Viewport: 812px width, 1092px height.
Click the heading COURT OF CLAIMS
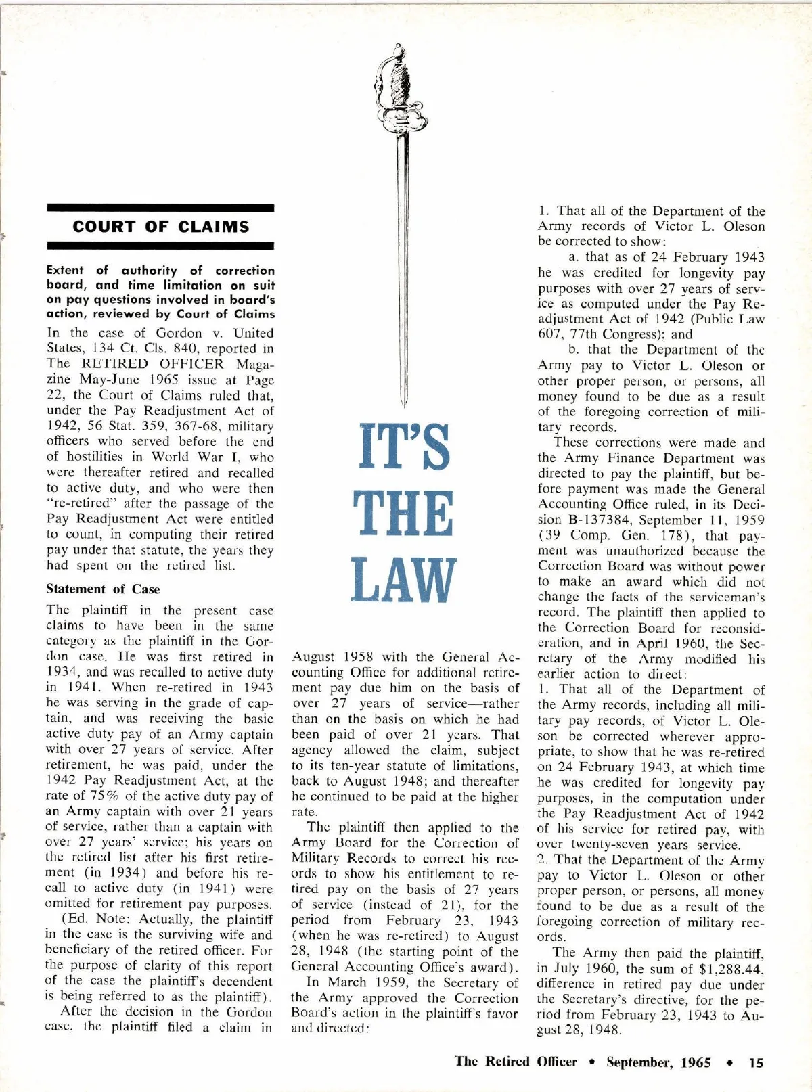click(x=160, y=227)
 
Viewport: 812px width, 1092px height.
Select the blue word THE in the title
click(x=404, y=514)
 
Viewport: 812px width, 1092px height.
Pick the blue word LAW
click(x=404, y=580)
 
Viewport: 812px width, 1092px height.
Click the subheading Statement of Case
click(x=103, y=589)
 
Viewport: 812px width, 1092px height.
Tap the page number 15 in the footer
click(x=756, y=1062)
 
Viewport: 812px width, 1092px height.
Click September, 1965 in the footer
click(x=658, y=1062)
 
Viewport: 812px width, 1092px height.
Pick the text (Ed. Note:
click(x=96, y=919)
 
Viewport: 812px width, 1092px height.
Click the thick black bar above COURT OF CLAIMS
click(x=160, y=208)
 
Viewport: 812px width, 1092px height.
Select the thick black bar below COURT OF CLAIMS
click(x=160, y=246)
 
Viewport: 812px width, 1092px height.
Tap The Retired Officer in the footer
click(x=516, y=1062)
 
